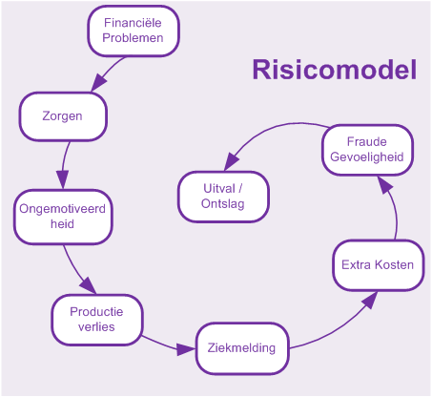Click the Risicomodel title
pos(335,70)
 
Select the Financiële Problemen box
pos(134,31)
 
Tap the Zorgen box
pos(63,116)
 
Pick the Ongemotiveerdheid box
pos(63,217)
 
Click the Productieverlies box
pos(97,320)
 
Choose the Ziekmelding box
pos(242,348)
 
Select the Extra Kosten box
pos(379,265)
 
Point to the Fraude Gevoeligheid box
pos(367,150)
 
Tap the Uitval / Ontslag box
pos(223,197)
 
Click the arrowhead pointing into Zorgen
pos(98,83)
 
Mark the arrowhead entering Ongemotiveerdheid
pos(63,179)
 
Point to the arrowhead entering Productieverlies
pos(89,285)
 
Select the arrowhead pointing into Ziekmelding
pos(185,349)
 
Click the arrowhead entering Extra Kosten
pos(370,300)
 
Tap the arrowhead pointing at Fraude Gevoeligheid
pos(384,185)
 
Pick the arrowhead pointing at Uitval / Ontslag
pos(231,161)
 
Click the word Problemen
pos(133,38)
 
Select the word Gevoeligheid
pos(367,157)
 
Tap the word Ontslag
pos(223,204)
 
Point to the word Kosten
pos(394,265)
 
